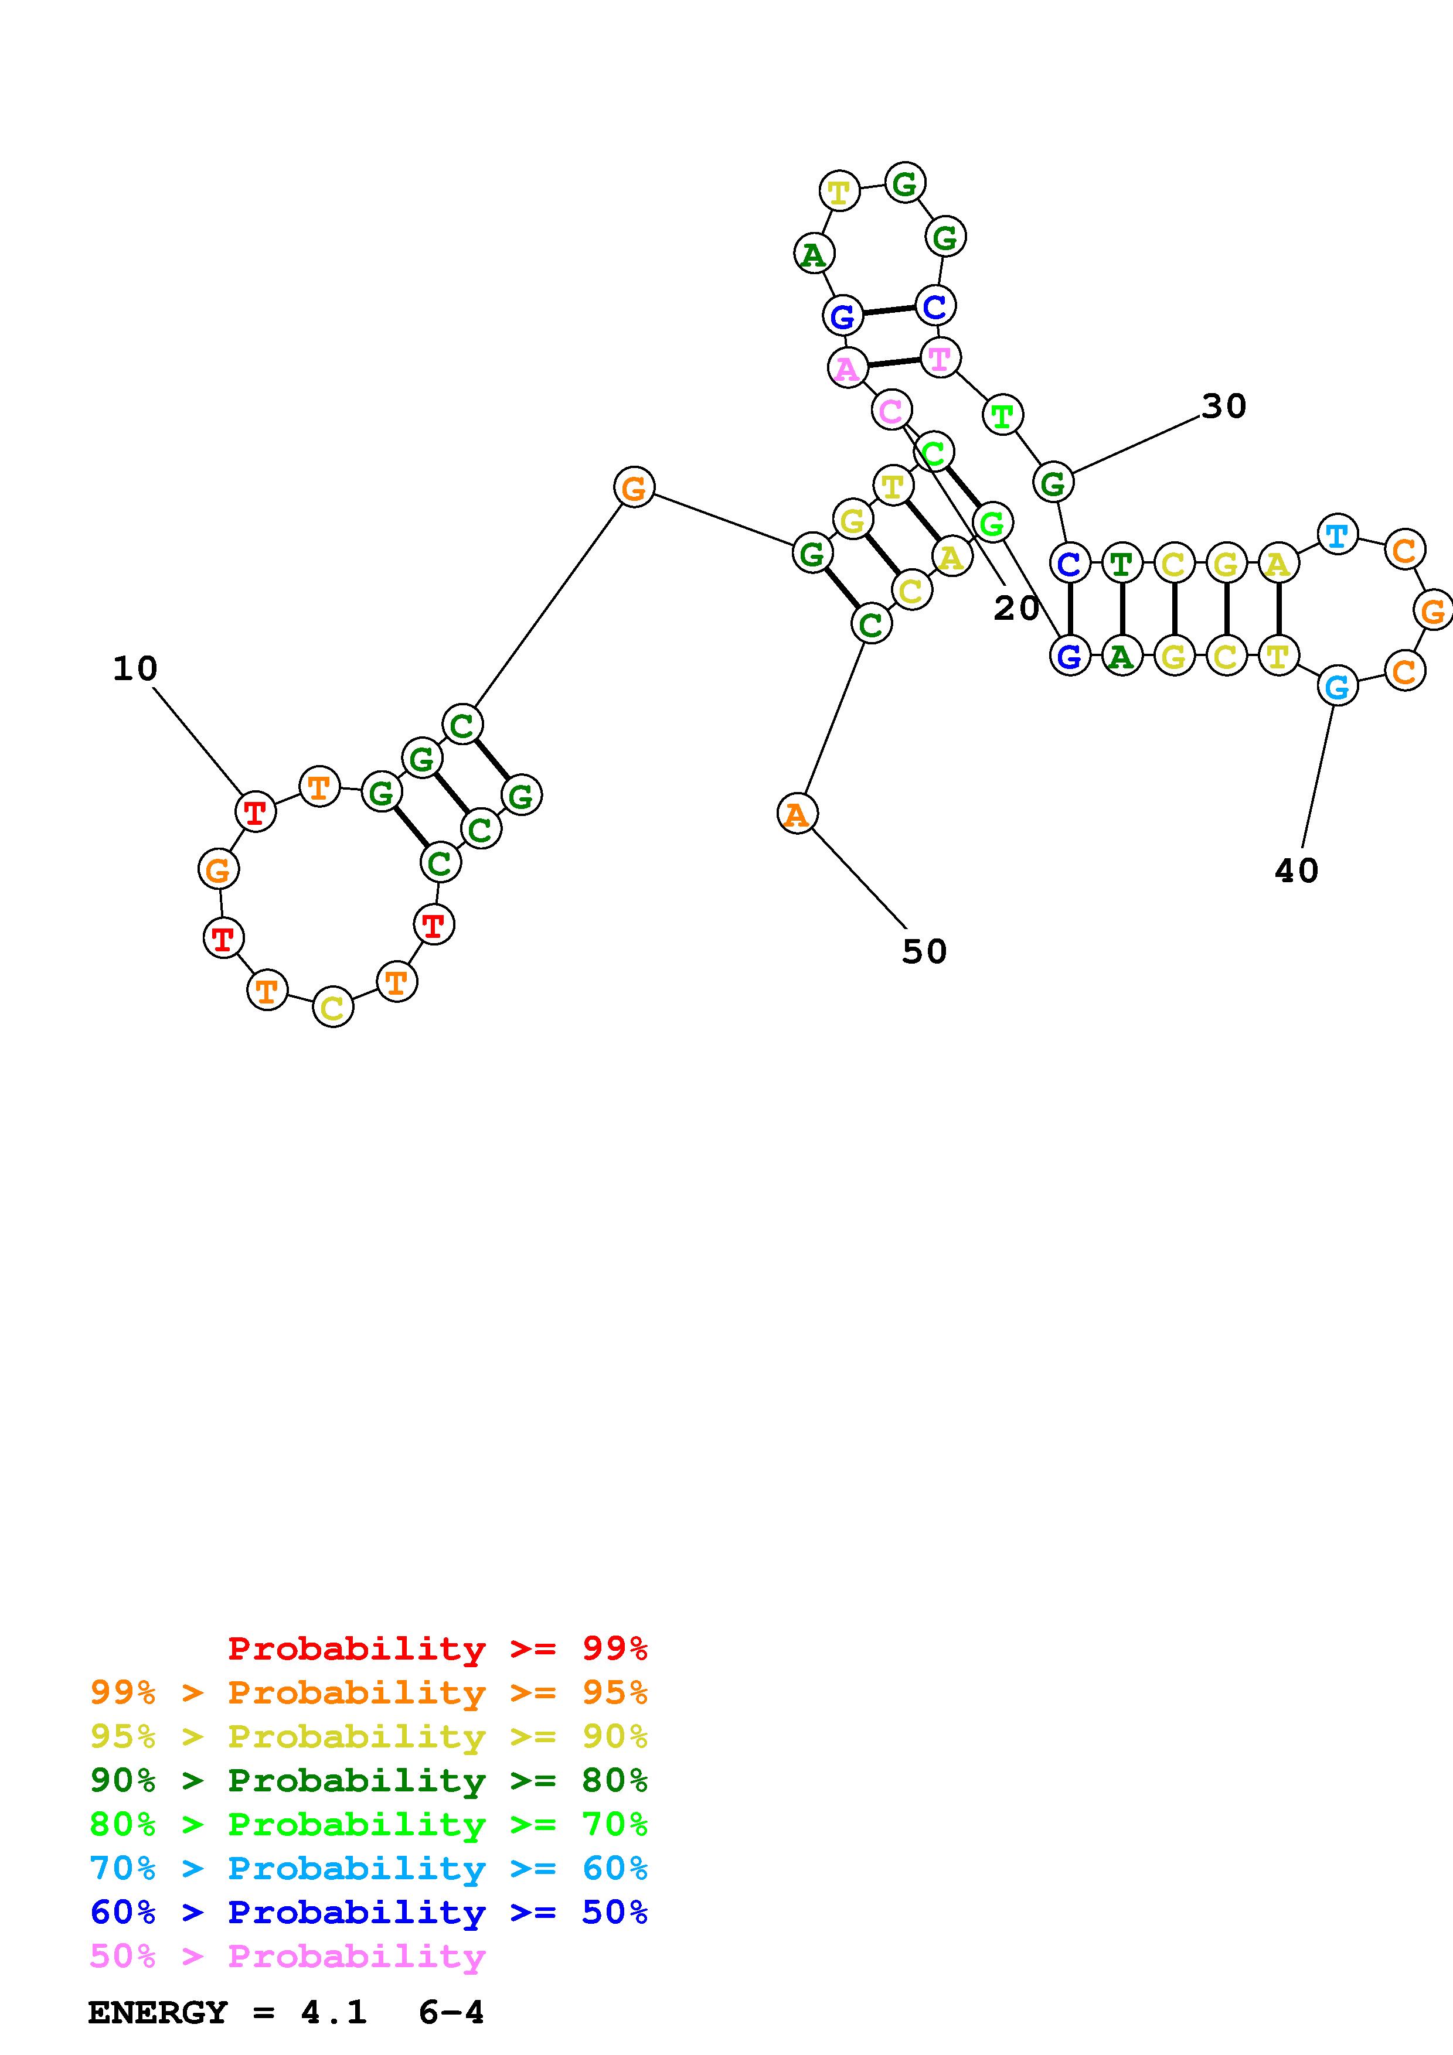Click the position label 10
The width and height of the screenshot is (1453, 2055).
pos(135,668)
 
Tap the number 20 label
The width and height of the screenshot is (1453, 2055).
pos(1016,609)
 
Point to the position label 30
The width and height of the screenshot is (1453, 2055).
pos(1224,407)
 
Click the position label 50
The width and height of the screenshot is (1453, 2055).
pos(924,951)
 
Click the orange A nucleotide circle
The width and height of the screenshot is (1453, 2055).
pos(796,814)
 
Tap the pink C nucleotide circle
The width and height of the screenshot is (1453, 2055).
pos(891,411)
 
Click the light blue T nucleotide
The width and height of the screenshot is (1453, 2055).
pos(1336,535)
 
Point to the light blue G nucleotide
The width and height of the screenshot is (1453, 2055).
pos(1336,687)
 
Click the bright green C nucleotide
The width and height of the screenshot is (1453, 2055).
pos(934,452)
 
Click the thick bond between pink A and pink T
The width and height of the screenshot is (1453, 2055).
pos(893,363)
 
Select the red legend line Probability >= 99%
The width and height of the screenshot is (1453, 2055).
pos(438,1648)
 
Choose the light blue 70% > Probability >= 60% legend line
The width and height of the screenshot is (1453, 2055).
pos(369,1869)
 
